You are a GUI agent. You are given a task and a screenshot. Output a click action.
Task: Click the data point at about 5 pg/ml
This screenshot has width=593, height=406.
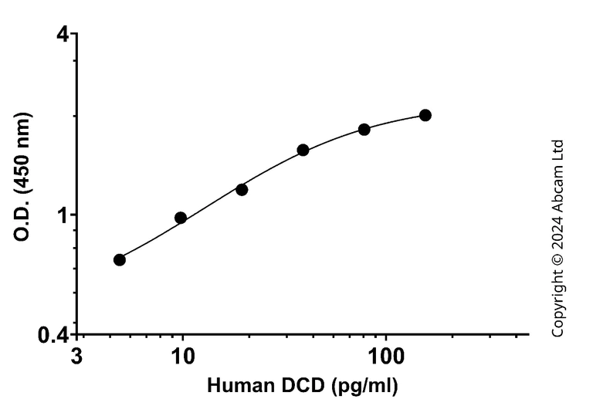coord(120,259)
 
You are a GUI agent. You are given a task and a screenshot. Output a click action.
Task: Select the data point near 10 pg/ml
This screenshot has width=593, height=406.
coord(181,218)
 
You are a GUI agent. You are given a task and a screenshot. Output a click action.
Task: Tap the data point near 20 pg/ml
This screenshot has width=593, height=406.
coord(242,189)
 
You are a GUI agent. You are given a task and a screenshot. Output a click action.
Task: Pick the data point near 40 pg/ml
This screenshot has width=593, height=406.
coord(303,150)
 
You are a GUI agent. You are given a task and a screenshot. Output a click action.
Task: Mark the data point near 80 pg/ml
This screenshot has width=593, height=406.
coord(364,129)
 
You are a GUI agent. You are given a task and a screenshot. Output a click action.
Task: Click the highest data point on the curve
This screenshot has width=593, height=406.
coord(425,115)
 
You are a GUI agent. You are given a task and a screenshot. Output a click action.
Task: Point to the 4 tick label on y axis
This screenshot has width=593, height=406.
coord(63,35)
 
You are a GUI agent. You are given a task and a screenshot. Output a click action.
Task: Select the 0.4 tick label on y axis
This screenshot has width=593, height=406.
coord(55,335)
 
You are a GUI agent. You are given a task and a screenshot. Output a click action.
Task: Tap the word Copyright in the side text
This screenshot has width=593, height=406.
coord(558,306)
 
